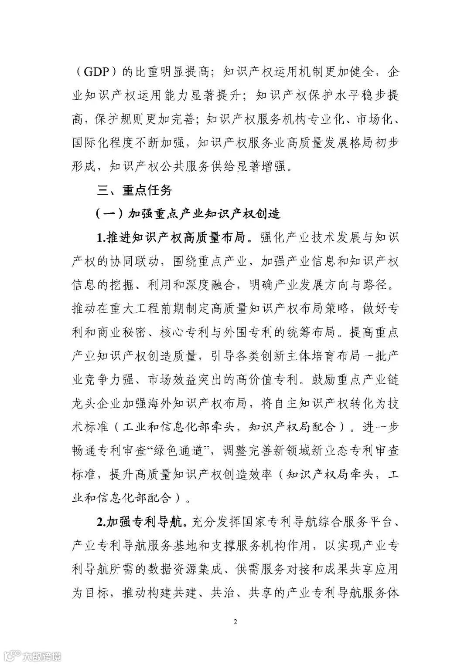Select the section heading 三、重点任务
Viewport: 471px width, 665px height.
click(x=135, y=190)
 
